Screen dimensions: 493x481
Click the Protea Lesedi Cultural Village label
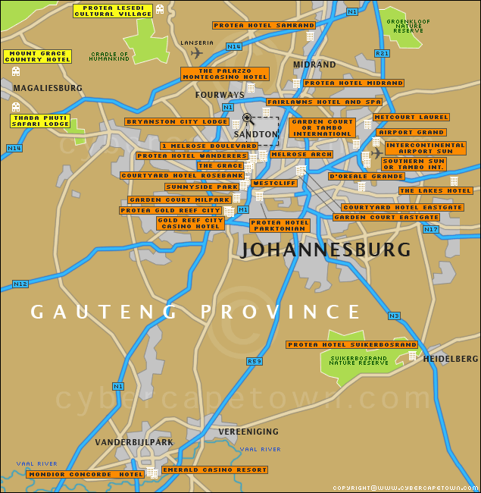tap(113, 11)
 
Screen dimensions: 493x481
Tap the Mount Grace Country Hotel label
tap(37, 56)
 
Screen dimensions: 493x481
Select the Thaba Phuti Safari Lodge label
tap(40, 121)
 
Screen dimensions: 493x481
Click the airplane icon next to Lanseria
tap(197, 53)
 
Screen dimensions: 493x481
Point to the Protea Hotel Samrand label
tap(254, 25)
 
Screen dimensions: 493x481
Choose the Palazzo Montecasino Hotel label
tap(225, 74)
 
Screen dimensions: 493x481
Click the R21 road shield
tap(382, 53)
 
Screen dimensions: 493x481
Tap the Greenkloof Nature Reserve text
tap(408, 26)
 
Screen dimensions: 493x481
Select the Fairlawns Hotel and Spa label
tap(323, 102)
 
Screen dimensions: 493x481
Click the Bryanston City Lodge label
tap(176, 121)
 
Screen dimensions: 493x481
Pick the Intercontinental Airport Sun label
tap(425, 148)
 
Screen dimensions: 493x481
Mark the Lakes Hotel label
tap(436, 191)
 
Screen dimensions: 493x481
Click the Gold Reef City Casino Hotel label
tap(190, 223)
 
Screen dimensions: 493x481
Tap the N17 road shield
tap(431, 229)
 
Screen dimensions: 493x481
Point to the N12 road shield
tap(20, 284)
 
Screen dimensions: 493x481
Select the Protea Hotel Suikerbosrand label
tap(351, 344)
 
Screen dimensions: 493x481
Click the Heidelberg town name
tap(451, 358)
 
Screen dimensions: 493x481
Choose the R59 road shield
tap(255, 361)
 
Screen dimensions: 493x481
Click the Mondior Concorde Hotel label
tap(85, 474)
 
